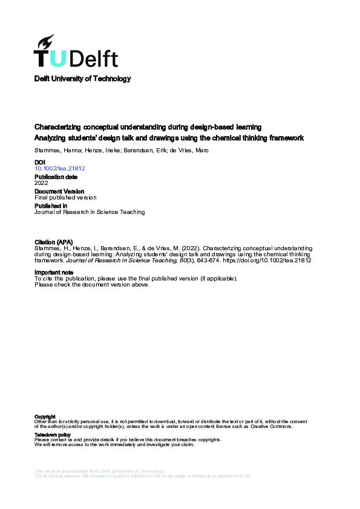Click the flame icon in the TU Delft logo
pos(45,42)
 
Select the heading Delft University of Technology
pos(82,79)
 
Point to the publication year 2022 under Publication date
pos(41,183)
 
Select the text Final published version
pos(65,198)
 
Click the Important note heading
pos(54,273)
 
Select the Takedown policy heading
pos(53,435)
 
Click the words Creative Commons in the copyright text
pos(275,427)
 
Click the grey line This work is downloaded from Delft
pos(100,471)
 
